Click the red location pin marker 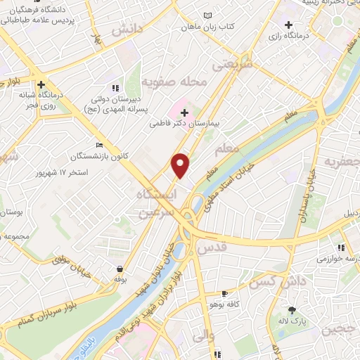tap(181, 165)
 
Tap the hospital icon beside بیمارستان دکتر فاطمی tap(184, 112)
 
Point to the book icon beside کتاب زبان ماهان tap(206, 15)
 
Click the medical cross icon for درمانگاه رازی tap(288, 26)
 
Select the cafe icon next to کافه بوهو tap(224, 294)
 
